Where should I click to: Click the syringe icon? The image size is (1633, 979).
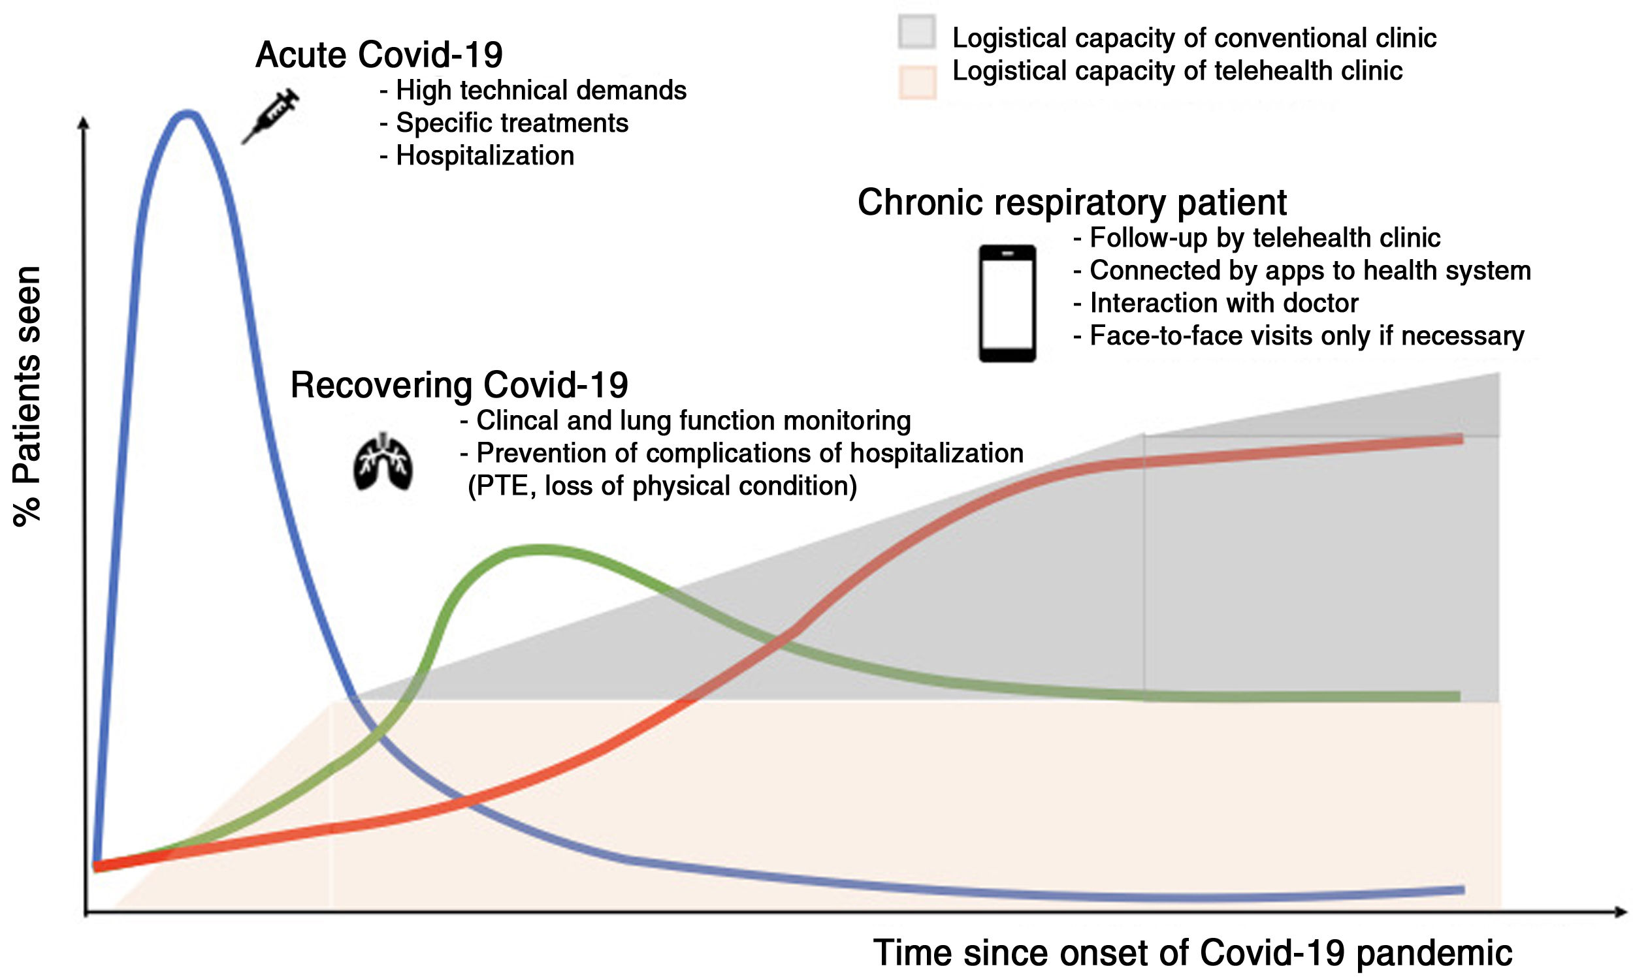(x=270, y=117)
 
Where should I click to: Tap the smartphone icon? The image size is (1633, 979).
(x=1007, y=303)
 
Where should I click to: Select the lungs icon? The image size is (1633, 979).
(x=383, y=462)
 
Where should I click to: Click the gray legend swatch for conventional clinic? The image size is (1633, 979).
(x=917, y=33)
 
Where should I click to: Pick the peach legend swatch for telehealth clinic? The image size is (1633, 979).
(x=917, y=82)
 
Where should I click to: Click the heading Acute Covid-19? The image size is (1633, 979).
(x=379, y=55)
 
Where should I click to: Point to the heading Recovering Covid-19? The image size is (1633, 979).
(x=459, y=385)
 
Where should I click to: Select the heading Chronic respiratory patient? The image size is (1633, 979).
(x=1071, y=202)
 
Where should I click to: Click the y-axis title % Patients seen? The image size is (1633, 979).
(x=27, y=396)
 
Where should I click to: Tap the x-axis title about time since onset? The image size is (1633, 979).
(x=1193, y=953)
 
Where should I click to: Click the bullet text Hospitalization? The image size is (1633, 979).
(x=485, y=157)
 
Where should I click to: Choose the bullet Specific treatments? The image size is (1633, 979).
(x=511, y=123)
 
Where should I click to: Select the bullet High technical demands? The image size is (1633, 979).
(x=541, y=91)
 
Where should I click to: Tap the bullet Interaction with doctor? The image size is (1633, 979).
(x=1223, y=303)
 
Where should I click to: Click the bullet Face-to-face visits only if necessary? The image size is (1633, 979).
(x=1306, y=336)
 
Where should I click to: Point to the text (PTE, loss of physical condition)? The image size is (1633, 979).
(x=662, y=486)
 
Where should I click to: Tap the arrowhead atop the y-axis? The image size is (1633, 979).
(x=83, y=123)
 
